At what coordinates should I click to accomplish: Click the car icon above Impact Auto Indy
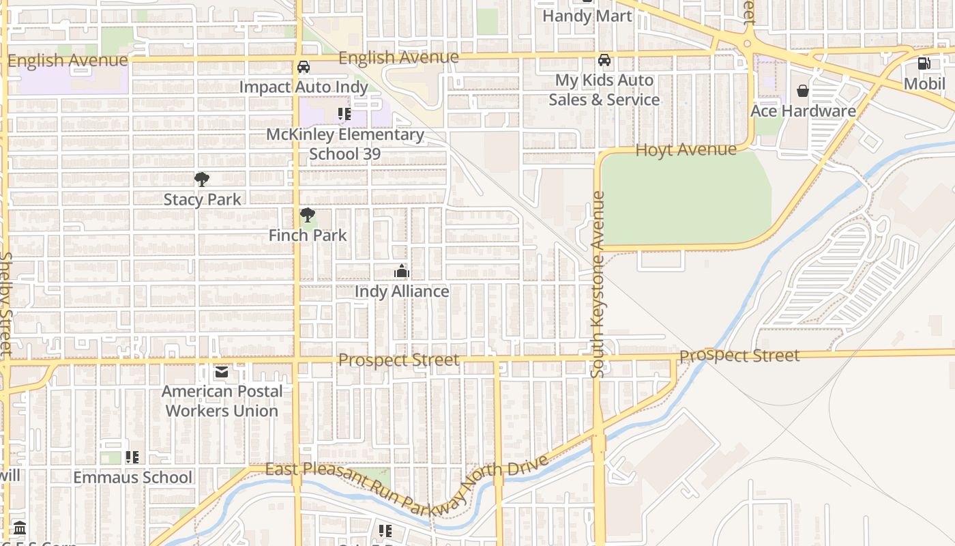click(x=304, y=67)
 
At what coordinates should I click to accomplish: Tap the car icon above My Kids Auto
click(x=604, y=60)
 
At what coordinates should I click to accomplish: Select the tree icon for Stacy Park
click(x=201, y=179)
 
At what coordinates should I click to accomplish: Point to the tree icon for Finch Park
click(x=308, y=216)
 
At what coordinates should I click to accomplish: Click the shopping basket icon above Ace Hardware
click(x=803, y=91)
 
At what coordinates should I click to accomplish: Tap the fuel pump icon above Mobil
click(x=924, y=63)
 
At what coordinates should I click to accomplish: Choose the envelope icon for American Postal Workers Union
click(x=222, y=372)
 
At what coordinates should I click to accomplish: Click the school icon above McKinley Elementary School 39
click(x=344, y=114)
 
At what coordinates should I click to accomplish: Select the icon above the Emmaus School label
click(x=132, y=457)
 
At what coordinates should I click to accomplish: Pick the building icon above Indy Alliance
click(x=401, y=272)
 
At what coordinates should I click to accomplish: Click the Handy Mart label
click(x=587, y=16)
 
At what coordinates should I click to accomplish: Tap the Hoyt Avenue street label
click(x=686, y=149)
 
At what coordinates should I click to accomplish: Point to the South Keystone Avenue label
click(x=598, y=285)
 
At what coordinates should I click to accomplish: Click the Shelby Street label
click(x=6, y=304)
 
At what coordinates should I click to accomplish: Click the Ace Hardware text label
click(x=803, y=111)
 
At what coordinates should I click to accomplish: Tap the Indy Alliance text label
click(x=402, y=291)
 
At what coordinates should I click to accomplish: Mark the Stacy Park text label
click(x=202, y=199)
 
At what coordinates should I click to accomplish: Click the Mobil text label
click(x=924, y=83)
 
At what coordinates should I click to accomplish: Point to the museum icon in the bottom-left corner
click(x=20, y=528)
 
